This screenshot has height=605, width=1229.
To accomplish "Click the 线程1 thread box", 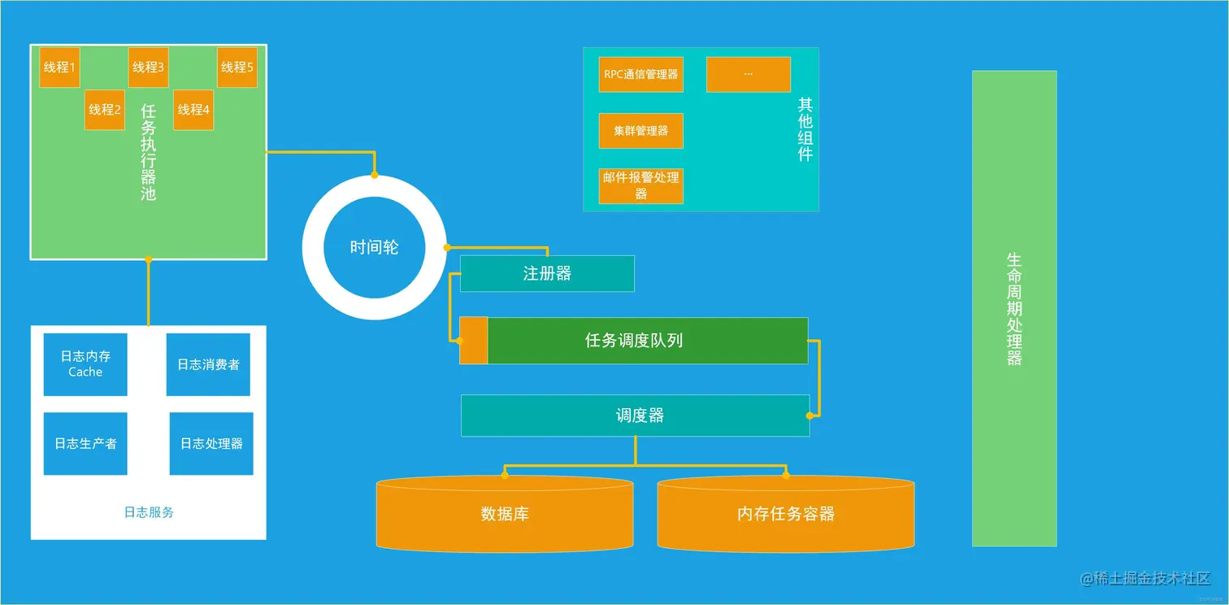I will click(59, 67).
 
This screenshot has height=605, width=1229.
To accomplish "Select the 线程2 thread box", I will click(104, 110).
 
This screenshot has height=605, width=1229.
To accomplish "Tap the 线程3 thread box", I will click(148, 67).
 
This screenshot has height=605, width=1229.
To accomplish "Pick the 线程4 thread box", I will click(193, 110).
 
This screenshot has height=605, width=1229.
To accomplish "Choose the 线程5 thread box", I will click(237, 67).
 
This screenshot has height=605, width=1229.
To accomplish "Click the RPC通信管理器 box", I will click(641, 74).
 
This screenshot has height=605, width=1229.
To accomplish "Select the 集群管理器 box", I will click(641, 131).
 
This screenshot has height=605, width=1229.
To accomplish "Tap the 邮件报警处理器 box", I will click(641, 185).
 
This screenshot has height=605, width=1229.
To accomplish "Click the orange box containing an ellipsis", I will click(748, 74).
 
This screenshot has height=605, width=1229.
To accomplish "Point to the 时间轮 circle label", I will click(374, 247).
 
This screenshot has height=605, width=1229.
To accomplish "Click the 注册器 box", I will click(547, 273).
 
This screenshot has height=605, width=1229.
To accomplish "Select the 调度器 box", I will click(635, 416).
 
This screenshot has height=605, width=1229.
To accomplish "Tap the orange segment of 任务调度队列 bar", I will click(473, 341).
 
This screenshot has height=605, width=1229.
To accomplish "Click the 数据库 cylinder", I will click(505, 514).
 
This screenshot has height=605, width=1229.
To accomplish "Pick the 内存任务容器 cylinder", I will click(785, 514).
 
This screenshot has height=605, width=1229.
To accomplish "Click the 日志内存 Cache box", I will click(85, 364).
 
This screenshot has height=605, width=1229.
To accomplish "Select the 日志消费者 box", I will click(208, 364).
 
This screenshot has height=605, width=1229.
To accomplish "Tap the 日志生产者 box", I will click(85, 443).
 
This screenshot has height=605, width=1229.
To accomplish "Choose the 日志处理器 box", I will click(211, 443).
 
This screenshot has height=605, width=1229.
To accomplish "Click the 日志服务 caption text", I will click(149, 512).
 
